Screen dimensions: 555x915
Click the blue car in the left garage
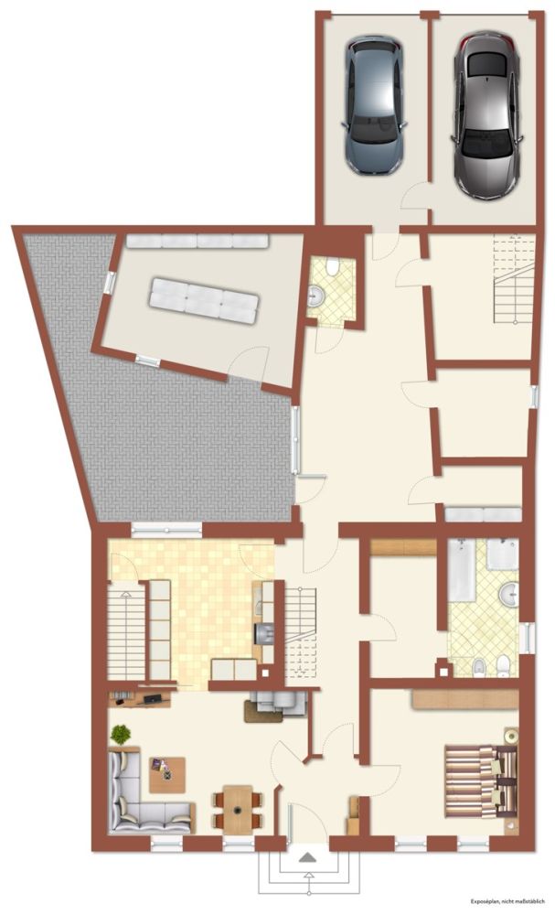pyautogui.click(x=374, y=105)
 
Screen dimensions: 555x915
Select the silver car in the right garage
pyautogui.click(x=486, y=115)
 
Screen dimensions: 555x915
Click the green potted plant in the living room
pyautogui.click(x=120, y=734)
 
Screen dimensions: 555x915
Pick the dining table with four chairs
pyautogui.click(x=238, y=810)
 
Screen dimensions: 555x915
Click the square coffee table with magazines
pyautogui.click(x=167, y=774)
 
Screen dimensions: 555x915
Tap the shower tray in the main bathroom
pyautogui.click(x=502, y=554)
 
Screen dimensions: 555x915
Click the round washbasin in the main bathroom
pyautogui.click(x=509, y=595)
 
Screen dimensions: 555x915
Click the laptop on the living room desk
pyautogui.click(x=154, y=698)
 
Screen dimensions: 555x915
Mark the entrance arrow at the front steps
pyautogui.click(x=307, y=857)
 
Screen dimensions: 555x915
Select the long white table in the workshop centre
pyautogui.click(x=204, y=300)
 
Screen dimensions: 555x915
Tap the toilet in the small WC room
pyautogui.click(x=332, y=267)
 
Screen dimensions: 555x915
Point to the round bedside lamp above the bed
pyautogui.click(x=511, y=736)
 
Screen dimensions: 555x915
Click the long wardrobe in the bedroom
pyautogui.click(x=465, y=699)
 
